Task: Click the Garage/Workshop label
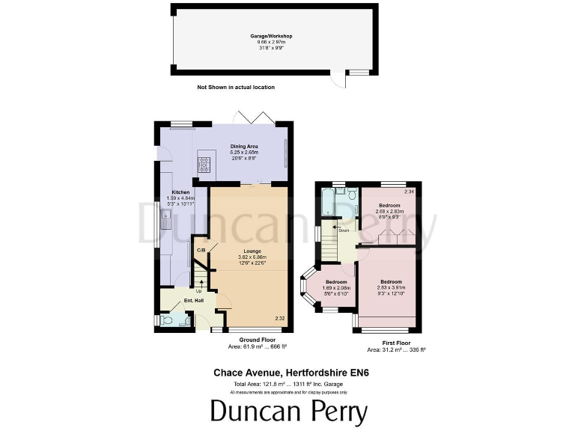pyautogui.click(x=271, y=35)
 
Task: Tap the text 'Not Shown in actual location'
pyautogui.click(x=236, y=88)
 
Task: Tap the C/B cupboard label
pyautogui.click(x=201, y=250)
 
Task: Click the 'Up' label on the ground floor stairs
pyautogui.click(x=198, y=291)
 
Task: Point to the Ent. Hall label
pyautogui.click(x=193, y=301)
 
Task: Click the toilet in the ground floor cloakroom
pyautogui.click(x=168, y=320)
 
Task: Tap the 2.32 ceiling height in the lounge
pyautogui.click(x=279, y=319)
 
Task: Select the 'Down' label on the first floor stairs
pyautogui.click(x=344, y=230)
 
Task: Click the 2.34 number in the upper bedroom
pyautogui.click(x=408, y=192)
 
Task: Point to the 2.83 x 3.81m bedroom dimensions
pyautogui.click(x=390, y=287)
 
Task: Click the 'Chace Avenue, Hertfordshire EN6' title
pyautogui.click(x=288, y=371)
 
